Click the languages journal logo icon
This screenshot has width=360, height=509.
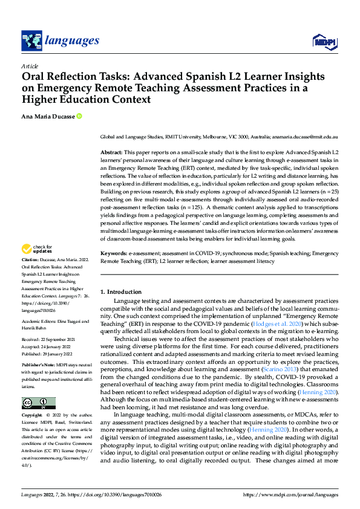pyautogui.click(x=31, y=41)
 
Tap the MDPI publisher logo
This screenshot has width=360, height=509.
pyautogui.click(x=323, y=41)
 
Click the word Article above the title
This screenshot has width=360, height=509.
pyautogui.click(x=30, y=66)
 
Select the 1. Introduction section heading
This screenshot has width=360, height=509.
pyautogui.click(x=121, y=292)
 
